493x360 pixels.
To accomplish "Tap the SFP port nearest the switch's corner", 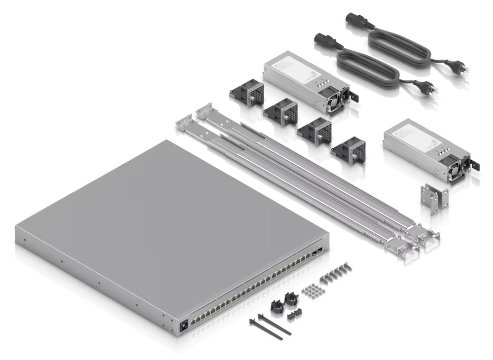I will pos(320,251).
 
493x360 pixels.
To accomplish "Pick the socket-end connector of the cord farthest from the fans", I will pos(356,20).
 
